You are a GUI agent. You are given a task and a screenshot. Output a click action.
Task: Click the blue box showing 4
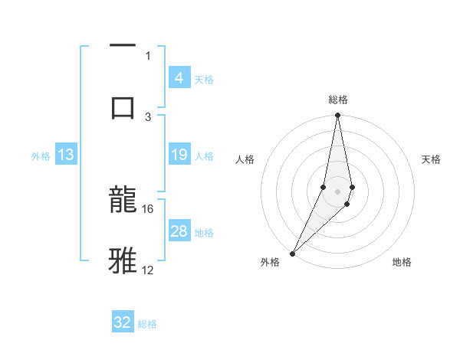(x=179, y=78)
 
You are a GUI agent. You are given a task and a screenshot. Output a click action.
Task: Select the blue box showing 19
(x=179, y=155)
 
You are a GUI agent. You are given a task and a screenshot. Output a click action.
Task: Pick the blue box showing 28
(x=179, y=231)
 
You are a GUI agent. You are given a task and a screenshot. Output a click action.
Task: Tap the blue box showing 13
(x=66, y=155)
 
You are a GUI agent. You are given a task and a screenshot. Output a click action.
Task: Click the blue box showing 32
(x=123, y=322)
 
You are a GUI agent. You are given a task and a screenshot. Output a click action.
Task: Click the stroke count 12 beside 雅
(x=148, y=270)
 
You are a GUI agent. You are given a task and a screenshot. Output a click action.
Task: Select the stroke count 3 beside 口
(x=148, y=116)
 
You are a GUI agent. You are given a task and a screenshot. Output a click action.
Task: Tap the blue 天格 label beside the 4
(x=204, y=79)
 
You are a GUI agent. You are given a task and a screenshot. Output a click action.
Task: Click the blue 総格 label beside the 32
(x=147, y=323)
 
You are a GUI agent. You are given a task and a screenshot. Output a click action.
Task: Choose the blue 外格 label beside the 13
(x=41, y=155)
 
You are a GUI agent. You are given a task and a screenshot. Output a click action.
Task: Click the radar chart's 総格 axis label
(x=337, y=100)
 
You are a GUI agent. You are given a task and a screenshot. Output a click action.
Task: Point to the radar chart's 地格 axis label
(x=402, y=262)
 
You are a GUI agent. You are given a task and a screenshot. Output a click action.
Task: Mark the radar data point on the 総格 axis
(x=337, y=116)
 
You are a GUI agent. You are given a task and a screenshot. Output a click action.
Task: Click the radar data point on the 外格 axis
(x=293, y=253)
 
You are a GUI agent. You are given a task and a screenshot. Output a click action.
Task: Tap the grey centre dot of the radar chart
(x=337, y=191)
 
